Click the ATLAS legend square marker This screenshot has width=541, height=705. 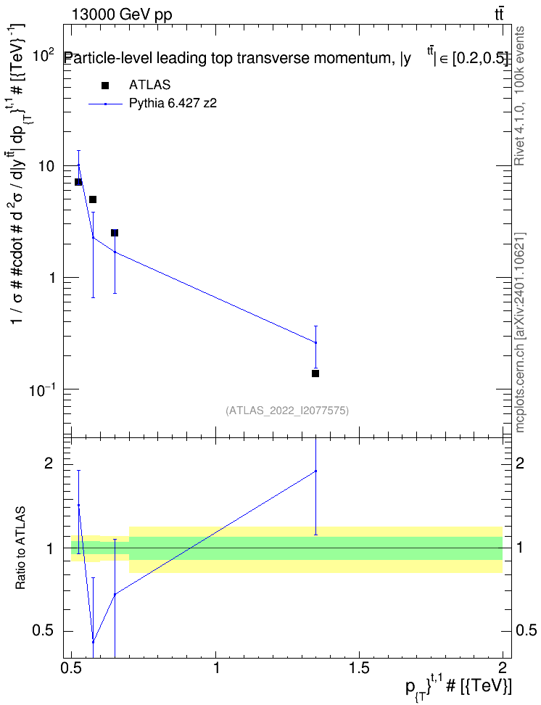[105, 86]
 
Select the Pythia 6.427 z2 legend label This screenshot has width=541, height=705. [173, 104]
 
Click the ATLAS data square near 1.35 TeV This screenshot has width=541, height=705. [315, 374]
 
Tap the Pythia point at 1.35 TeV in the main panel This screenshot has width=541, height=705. [315, 342]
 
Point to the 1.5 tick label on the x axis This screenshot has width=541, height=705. [359, 667]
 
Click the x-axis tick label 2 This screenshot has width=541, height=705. [503, 667]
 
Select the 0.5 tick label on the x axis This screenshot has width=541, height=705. [72, 667]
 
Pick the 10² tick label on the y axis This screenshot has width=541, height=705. [45, 55]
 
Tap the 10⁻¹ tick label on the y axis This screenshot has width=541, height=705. [43, 389]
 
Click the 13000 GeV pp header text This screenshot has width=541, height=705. [122, 15]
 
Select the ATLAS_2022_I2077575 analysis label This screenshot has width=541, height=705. [287, 411]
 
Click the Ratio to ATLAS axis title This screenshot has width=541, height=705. [20, 548]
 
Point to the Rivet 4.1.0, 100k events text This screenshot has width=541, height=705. [519, 96]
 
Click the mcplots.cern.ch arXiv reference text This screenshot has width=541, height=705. [519, 333]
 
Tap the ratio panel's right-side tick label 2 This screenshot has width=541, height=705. [520, 463]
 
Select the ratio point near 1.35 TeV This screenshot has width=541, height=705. [315, 471]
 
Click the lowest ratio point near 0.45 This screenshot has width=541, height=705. [93, 642]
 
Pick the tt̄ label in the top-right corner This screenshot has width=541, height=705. [499, 15]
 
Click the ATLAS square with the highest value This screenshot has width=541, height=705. [78, 181]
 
